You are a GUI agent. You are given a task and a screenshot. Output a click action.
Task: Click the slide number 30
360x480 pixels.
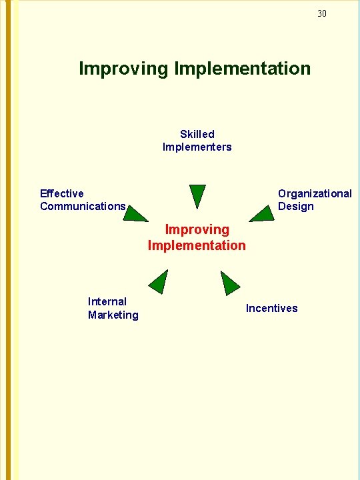tap(322, 13)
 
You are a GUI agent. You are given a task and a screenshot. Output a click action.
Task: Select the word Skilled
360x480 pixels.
tap(197, 134)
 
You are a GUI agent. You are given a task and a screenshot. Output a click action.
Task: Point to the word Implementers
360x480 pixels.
tap(197, 147)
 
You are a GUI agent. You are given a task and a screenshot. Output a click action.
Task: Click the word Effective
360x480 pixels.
tap(62, 193)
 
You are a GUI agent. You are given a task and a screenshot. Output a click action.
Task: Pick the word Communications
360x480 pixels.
tap(83, 206)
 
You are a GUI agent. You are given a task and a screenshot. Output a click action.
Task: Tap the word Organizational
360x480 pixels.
tap(315, 193)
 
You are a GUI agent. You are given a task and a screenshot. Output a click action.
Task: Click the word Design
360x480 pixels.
tap(296, 206)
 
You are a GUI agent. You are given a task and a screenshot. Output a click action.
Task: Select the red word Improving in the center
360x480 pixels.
tap(197, 229)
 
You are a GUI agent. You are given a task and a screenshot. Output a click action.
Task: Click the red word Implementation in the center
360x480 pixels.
tap(197, 245)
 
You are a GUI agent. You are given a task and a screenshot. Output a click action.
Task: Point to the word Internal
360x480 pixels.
tap(107, 301)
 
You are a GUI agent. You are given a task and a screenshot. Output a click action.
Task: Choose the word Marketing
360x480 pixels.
tap(113, 315)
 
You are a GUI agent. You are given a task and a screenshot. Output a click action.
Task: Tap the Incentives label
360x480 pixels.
tap(272, 308)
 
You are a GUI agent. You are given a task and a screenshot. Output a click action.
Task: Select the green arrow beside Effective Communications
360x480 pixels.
tap(137, 213)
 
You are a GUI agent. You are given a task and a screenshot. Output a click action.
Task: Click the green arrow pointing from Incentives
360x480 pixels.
tap(229, 283)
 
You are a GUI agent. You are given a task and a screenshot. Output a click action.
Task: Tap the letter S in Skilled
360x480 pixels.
tap(183, 134)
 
